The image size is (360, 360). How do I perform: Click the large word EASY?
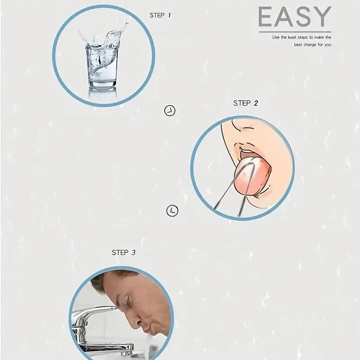(295, 17)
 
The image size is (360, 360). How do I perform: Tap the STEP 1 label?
(160, 15)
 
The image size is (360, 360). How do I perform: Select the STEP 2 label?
(246, 103)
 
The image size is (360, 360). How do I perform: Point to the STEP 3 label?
(123, 252)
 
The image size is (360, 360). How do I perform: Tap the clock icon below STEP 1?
(170, 111)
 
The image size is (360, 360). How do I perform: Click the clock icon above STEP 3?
(172, 211)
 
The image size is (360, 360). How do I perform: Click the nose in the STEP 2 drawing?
(239, 126)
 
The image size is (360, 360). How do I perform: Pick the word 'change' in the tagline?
(310, 45)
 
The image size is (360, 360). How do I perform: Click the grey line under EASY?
(295, 32)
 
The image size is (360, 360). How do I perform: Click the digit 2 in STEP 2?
(256, 103)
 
